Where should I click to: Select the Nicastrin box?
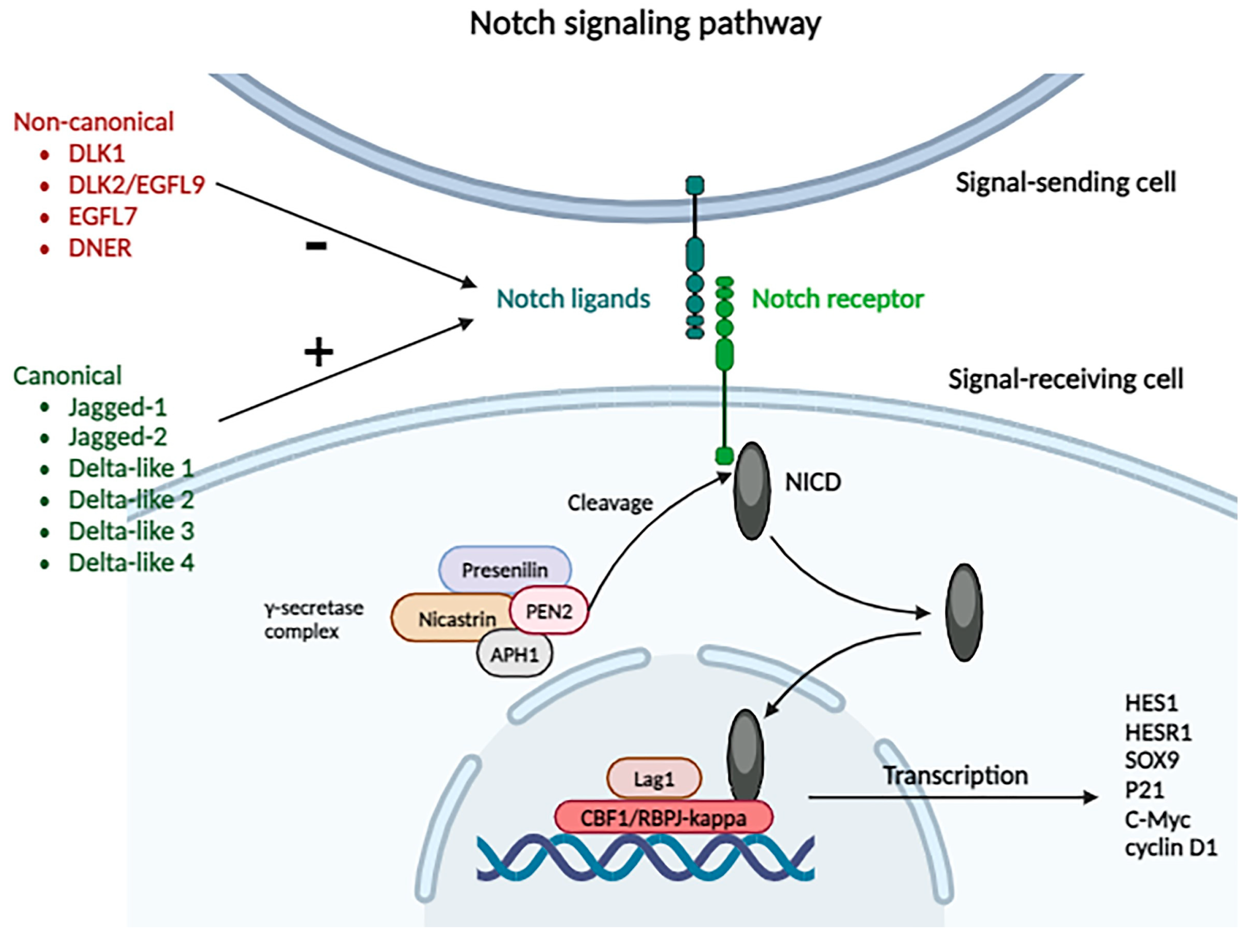453,618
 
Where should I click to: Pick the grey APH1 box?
514,655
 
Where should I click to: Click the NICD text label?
813,482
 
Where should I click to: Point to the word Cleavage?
610,503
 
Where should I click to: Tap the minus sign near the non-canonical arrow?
316,245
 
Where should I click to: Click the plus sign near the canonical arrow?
319,352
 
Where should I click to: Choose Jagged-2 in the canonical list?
118,437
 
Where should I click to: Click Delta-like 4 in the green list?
131,562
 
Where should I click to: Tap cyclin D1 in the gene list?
1171,848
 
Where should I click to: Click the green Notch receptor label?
838,299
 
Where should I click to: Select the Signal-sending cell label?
1066,183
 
